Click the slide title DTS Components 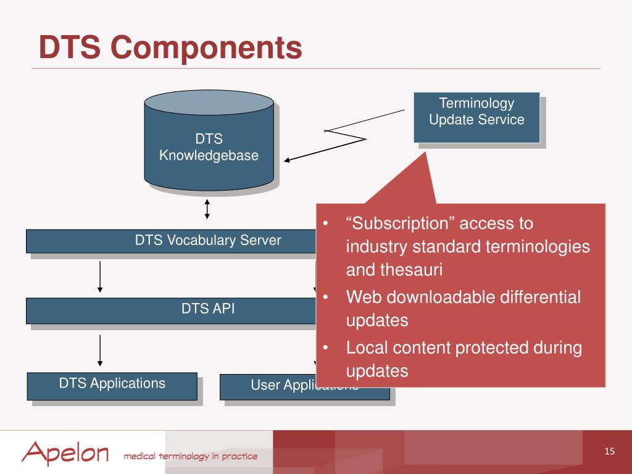pyautogui.click(x=170, y=48)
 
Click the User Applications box pyautogui.click(x=272, y=386)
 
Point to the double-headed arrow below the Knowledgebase pyautogui.click(x=207, y=208)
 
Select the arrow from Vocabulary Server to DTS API pyautogui.click(x=99, y=276)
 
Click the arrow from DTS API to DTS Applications pyautogui.click(x=99, y=350)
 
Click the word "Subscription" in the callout pyautogui.click(x=396, y=223)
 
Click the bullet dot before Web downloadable pyautogui.click(x=325, y=297)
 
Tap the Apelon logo pyautogui.click(x=65, y=453)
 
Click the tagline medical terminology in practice pyautogui.click(x=190, y=457)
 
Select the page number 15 pyautogui.click(x=609, y=452)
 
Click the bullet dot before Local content pyautogui.click(x=325, y=347)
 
